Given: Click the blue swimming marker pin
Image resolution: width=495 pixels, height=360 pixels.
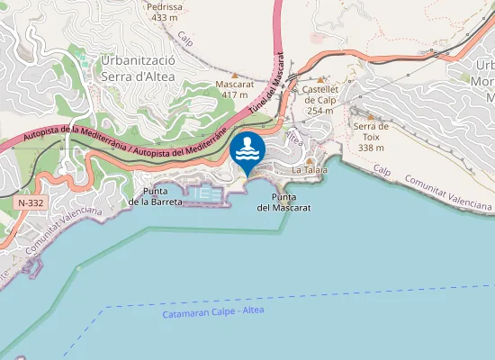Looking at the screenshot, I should (x=247, y=153).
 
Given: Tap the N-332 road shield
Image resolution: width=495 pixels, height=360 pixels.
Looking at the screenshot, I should (x=29, y=203).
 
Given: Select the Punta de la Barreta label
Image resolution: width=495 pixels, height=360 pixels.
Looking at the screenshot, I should (x=155, y=197).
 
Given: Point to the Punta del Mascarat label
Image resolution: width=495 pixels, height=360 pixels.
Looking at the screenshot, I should (x=283, y=202).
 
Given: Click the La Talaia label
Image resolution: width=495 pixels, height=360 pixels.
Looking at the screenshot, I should (x=309, y=170).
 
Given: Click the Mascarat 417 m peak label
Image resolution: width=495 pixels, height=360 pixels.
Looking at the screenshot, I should (x=234, y=89).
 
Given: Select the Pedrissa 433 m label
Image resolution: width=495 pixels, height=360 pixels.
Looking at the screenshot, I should (x=165, y=12).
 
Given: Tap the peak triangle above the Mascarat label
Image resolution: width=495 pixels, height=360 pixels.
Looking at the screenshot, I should (x=235, y=75).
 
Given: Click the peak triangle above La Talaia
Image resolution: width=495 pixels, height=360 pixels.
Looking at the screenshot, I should (x=309, y=159).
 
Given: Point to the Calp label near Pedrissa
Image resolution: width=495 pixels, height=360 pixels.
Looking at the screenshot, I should (x=186, y=40).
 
